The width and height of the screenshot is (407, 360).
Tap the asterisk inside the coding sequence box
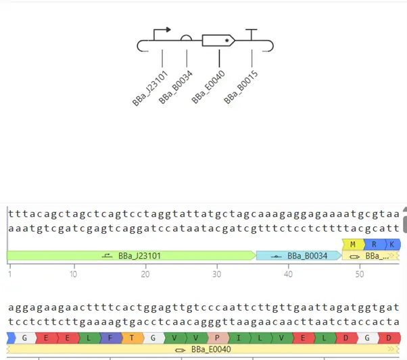click(227, 41)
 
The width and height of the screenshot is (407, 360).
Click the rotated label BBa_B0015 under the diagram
click(241, 87)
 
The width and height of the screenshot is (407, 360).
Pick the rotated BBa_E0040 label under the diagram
click(208, 87)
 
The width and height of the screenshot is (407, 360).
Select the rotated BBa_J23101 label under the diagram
click(150, 88)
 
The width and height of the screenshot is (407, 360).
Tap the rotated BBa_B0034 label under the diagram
click(176, 87)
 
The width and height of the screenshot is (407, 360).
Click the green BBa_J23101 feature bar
click(131, 256)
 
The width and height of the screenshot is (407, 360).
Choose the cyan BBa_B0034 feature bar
click(299, 256)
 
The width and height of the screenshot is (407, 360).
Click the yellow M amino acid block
click(353, 245)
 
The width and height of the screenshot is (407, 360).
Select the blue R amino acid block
click(375, 245)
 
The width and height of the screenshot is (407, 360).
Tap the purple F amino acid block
click(110, 338)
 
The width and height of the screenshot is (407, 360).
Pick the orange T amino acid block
click(132, 338)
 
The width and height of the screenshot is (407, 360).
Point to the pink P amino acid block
click(218, 338)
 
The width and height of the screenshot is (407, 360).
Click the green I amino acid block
click(239, 338)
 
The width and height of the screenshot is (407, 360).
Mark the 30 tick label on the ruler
click(217, 274)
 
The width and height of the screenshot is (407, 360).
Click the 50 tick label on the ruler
click(360, 274)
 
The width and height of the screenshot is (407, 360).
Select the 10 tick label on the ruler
click(74, 274)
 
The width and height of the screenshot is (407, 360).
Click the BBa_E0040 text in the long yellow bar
click(211, 349)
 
